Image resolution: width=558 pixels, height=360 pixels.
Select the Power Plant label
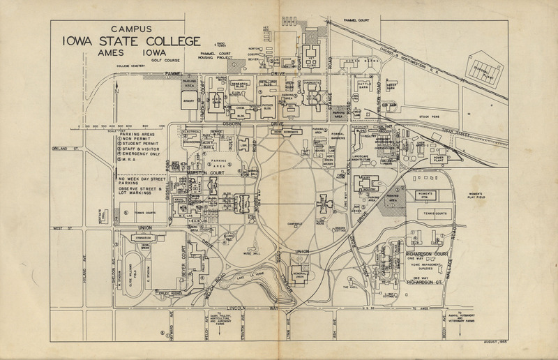click(438, 157)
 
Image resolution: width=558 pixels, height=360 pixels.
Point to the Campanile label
click(293, 223)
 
